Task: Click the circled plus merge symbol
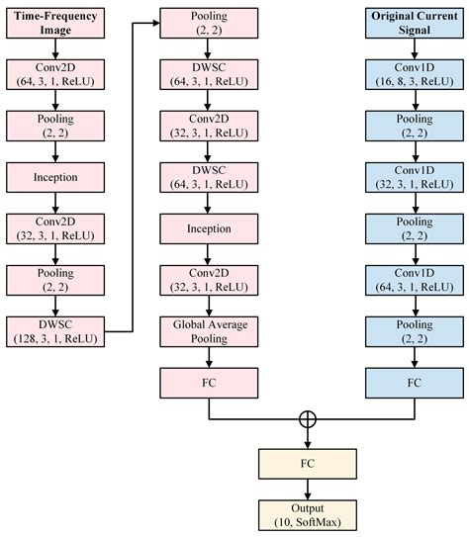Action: click(x=307, y=419)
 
